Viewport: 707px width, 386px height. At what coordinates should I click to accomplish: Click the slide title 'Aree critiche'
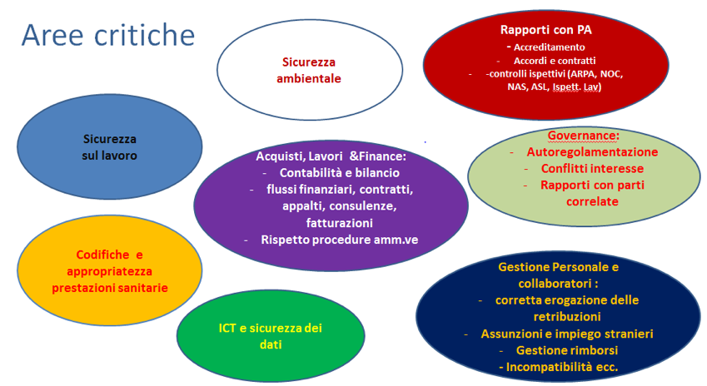[x=108, y=35]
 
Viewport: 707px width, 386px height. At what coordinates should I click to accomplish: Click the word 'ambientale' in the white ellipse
[x=309, y=79]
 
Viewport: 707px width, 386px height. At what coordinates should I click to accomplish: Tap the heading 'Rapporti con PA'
[x=546, y=30]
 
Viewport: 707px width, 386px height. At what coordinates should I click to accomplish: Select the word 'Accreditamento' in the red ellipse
[x=549, y=47]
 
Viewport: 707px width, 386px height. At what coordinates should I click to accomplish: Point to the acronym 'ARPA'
[x=584, y=74]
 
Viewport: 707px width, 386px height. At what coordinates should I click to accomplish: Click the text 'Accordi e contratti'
[x=555, y=61]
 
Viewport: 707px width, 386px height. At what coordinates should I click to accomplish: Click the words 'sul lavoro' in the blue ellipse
[x=110, y=156]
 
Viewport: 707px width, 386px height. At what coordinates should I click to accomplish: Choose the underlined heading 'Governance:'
[x=584, y=136]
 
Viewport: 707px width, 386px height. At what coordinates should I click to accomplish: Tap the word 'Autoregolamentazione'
[x=592, y=152]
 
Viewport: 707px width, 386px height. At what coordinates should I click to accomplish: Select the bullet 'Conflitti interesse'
[x=592, y=168]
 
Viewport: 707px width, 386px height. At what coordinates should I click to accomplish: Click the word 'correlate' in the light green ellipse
[x=592, y=201]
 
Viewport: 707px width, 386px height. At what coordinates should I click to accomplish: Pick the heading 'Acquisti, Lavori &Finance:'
[x=331, y=156]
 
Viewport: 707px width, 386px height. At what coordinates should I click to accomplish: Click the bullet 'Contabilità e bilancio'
[x=340, y=173]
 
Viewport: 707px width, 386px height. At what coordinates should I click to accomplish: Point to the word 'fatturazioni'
[x=340, y=223]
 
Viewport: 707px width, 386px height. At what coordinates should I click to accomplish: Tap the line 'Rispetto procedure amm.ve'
[x=340, y=240]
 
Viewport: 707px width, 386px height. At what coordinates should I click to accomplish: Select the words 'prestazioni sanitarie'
[x=110, y=288]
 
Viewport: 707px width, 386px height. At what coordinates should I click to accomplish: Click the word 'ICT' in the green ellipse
[x=227, y=328]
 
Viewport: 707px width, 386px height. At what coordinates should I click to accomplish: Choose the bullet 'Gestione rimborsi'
[x=567, y=350]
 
